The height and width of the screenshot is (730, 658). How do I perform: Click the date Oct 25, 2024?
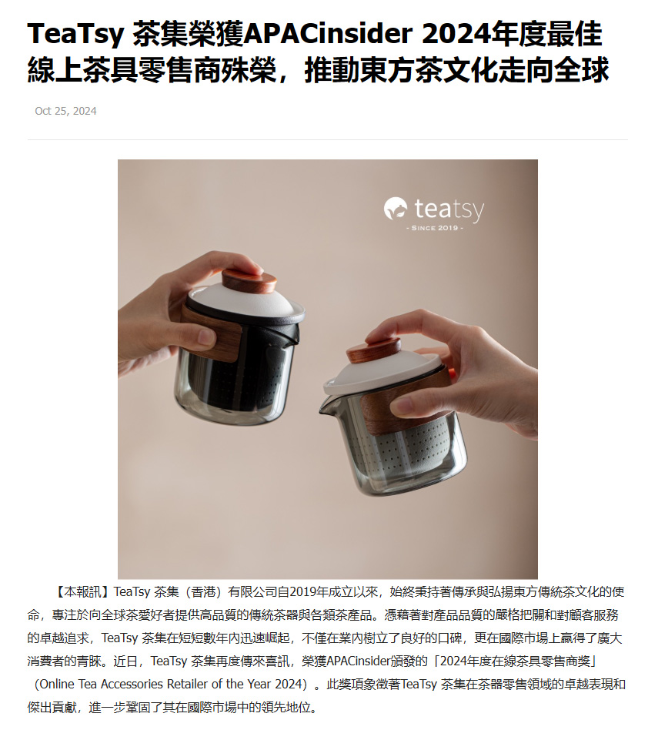65,111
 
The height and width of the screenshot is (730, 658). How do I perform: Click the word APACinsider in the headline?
328,34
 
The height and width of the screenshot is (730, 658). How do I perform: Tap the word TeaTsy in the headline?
76,35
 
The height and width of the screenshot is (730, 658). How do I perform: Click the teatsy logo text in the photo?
449,209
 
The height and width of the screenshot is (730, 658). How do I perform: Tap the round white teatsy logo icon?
396,208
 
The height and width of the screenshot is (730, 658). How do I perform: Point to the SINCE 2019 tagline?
435,228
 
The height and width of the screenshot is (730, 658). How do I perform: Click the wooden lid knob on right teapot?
374,350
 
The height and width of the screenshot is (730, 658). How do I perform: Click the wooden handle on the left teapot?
212,331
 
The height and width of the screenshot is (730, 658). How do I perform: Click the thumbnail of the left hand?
206,337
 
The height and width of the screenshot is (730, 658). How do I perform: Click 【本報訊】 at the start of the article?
82,591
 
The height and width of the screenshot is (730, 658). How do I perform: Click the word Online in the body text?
57,685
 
